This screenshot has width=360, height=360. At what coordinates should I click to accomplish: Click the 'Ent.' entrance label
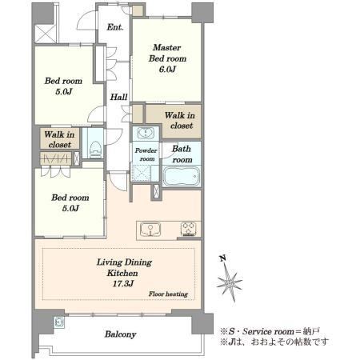(115, 27)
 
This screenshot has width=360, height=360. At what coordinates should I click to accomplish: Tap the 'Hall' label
(118, 97)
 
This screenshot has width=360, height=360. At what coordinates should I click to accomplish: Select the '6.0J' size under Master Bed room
(167, 70)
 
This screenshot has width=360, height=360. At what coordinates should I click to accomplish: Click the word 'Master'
(166, 47)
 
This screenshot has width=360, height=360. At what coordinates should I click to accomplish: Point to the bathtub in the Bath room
(182, 176)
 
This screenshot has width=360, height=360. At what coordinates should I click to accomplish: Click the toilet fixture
(95, 149)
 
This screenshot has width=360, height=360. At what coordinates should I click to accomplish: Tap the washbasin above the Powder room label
(146, 133)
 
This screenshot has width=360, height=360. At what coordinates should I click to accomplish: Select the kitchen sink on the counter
(150, 230)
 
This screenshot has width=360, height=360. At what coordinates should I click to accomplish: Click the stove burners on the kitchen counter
(189, 229)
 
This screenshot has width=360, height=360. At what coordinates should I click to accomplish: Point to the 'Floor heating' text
(168, 294)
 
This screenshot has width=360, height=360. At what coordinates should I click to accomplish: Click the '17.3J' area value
(122, 283)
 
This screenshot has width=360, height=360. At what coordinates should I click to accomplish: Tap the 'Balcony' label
(120, 334)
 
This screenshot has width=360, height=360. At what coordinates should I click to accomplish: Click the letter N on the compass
(223, 258)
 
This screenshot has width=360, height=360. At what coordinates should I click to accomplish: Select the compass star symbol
(230, 282)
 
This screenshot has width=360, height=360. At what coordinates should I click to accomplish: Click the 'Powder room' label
(146, 154)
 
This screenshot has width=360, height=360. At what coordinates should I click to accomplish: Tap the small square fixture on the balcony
(59, 322)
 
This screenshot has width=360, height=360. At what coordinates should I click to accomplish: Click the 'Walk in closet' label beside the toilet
(59, 139)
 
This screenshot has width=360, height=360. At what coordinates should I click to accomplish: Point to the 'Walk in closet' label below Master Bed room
(180, 120)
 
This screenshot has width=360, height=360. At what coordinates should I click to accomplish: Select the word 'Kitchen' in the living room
(122, 273)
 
